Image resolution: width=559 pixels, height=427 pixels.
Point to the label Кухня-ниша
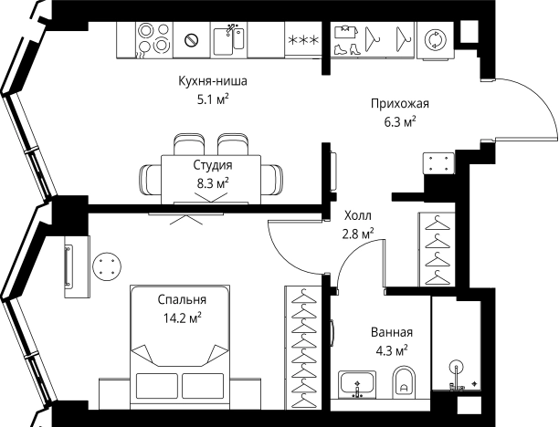tap(213, 81)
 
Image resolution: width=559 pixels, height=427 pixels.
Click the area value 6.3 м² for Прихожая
tap(400, 120)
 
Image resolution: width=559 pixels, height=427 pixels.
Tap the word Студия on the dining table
tap(212, 165)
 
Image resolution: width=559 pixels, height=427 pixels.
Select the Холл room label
tap(357, 217)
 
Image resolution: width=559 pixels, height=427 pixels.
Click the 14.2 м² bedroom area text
tap(180, 318)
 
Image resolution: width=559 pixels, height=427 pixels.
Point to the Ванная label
tap(392, 332)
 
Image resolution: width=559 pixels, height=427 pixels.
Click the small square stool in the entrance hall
tap(437, 162)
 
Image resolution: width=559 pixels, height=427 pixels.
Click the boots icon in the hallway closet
tap(345, 39)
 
